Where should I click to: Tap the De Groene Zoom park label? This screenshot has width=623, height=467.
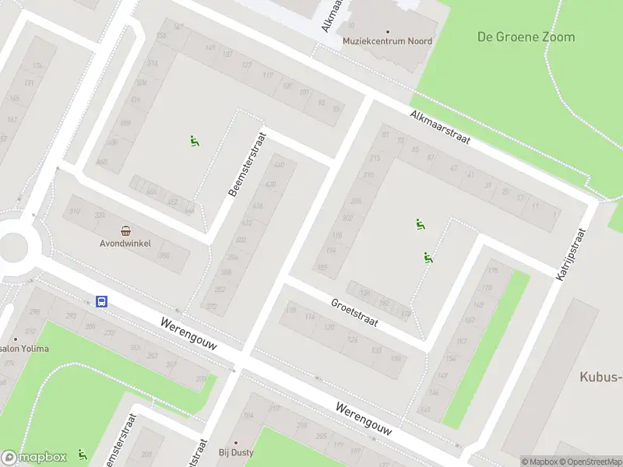pos(526,37)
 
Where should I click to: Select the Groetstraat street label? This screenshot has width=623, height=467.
pos(354,313)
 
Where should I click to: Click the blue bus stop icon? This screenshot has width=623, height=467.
pos(101,302)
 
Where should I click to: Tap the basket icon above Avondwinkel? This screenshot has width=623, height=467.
pos(125,230)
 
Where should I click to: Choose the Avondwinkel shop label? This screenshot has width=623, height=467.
pos(124,242)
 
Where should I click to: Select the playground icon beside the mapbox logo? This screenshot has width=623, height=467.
pos(82,455)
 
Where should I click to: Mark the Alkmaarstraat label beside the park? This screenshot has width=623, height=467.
pos(442,125)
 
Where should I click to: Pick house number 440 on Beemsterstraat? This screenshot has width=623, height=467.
pos(279,166)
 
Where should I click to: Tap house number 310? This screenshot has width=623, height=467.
pos(75,212)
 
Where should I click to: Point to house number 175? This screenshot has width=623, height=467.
pos(491,271)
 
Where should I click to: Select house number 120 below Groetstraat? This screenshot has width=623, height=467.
pos(330,327)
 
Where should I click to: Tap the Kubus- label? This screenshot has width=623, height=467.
pos(600,377)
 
